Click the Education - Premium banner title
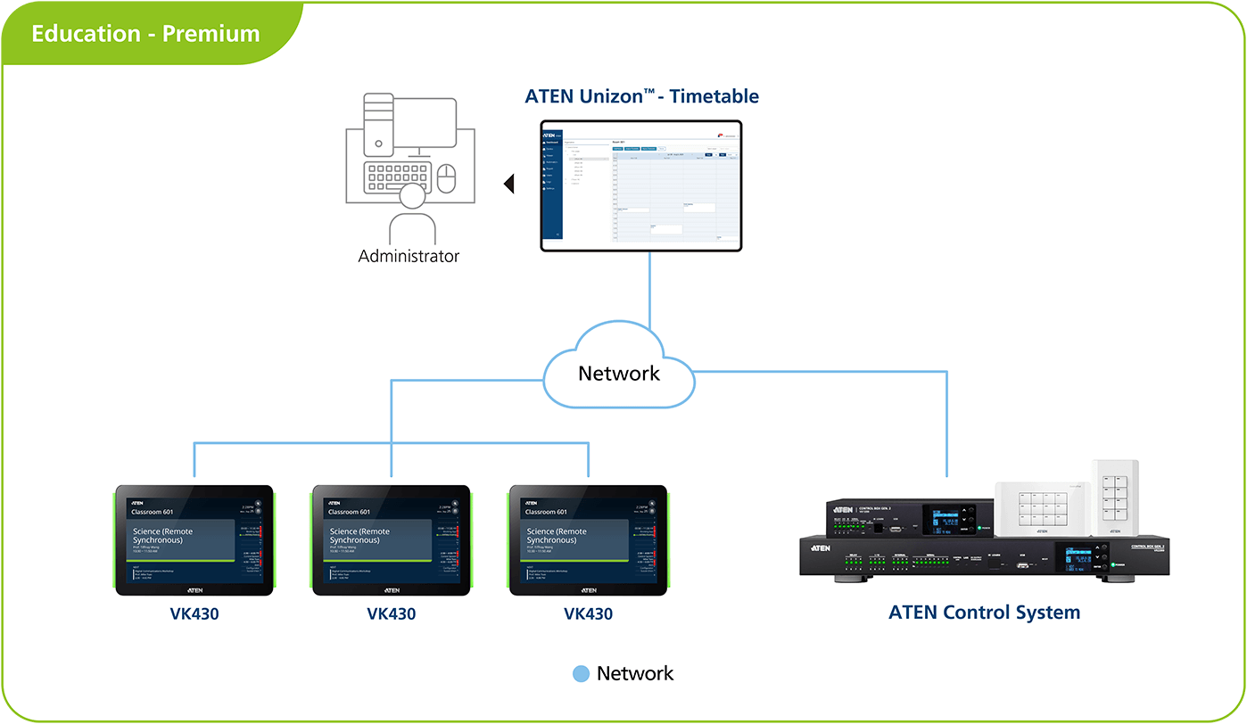[145, 34]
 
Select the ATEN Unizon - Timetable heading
[641, 96]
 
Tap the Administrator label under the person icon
[409, 256]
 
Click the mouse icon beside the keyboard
[447, 178]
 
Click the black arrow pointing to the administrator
[509, 185]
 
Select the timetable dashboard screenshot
[641, 185]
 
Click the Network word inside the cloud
[619, 373]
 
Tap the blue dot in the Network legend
[581, 674]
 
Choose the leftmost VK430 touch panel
[194, 540]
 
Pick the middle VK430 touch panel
[391, 540]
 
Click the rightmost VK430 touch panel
[588, 540]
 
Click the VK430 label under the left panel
[194, 613]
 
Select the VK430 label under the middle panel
[391, 613]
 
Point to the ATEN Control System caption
[984, 613]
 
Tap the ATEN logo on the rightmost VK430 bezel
[588, 590]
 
